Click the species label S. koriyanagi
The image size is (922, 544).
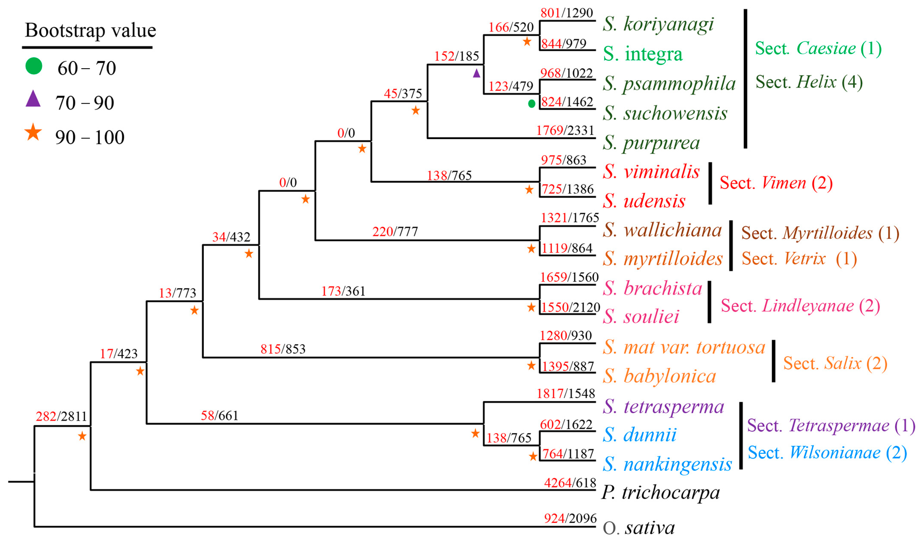(658, 24)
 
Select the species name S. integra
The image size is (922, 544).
(643, 54)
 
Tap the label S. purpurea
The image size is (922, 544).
(651, 143)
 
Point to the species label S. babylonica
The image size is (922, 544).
(659, 376)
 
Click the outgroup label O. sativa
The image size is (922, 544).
(639, 528)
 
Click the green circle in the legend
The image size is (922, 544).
(34, 66)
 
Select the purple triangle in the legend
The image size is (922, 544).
(33, 99)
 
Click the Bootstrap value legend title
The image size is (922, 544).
(90, 30)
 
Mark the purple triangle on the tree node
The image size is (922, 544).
(477, 73)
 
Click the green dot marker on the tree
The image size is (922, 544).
(531, 104)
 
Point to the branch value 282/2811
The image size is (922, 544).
(61, 416)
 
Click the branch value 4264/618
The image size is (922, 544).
(570, 483)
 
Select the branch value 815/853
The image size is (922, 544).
(283, 349)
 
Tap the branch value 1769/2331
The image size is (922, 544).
(565, 131)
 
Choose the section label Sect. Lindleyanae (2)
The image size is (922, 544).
(800, 306)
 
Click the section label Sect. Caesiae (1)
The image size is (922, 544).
(818, 48)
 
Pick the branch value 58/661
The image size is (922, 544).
(220, 415)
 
